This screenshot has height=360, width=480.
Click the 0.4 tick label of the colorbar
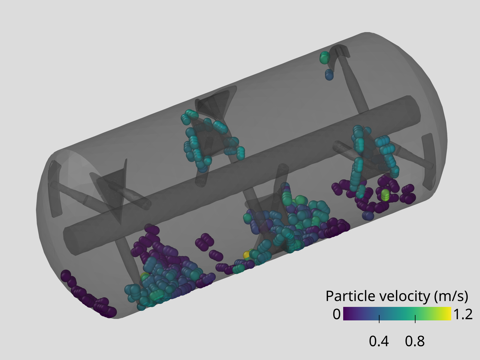pos(379,341)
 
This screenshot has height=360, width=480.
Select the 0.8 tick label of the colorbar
pos(415,341)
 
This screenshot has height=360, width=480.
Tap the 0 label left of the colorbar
pos(337,314)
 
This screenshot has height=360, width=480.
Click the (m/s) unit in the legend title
pos(451,297)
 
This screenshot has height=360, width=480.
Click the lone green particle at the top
pos(325,58)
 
